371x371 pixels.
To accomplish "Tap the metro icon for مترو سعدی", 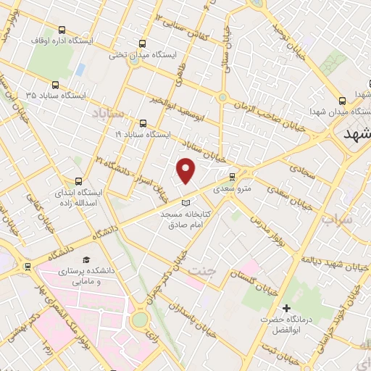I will [x=232, y=176].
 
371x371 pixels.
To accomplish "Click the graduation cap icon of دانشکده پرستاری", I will [x=87, y=259].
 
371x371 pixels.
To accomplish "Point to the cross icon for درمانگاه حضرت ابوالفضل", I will [x=287, y=309].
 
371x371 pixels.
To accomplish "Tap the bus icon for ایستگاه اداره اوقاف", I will [x=62, y=30].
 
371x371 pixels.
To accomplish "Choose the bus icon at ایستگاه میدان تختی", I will [x=141, y=43].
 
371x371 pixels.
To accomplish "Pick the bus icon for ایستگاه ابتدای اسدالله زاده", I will [x=78, y=182].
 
